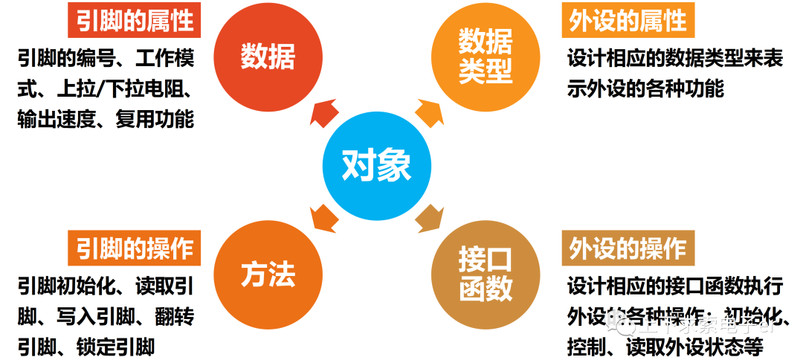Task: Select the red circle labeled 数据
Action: (x=268, y=57)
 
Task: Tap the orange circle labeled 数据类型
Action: (x=485, y=57)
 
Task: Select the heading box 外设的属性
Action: (x=628, y=20)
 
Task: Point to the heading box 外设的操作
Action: (x=628, y=248)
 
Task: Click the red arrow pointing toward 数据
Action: (x=322, y=112)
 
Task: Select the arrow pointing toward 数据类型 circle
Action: (x=429, y=112)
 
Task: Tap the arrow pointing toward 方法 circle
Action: (x=322, y=217)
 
